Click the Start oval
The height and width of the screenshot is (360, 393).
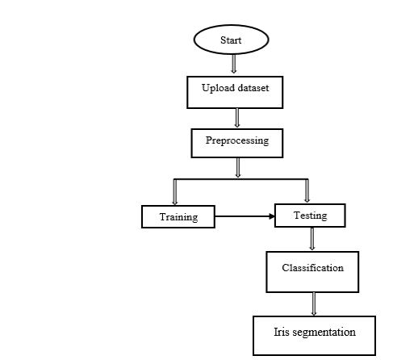click(x=230, y=40)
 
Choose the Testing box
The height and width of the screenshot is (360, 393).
click(x=310, y=215)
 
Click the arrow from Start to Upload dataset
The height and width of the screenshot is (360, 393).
click(x=232, y=64)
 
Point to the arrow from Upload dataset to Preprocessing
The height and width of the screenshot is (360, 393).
click(x=237, y=117)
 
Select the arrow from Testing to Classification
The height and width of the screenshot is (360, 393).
click(x=312, y=238)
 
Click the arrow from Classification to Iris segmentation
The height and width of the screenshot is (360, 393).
click(x=314, y=303)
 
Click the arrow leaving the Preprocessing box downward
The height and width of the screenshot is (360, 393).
click(x=239, y=167)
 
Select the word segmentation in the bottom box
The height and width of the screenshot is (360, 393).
click(x=323, y=332)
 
